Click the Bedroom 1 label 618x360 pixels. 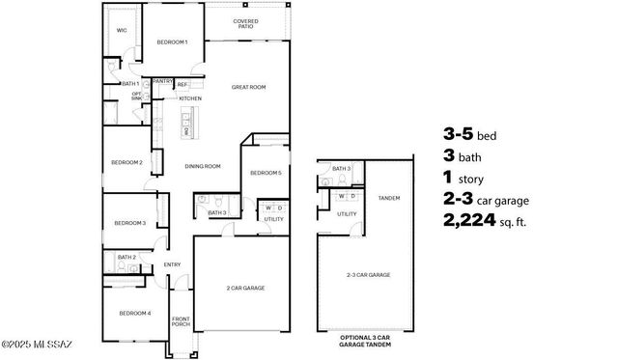172,42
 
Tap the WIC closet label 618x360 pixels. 122,30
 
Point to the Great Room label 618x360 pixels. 248,87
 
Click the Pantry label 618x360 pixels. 161,83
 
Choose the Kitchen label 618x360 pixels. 189,98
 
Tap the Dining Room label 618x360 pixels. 203,166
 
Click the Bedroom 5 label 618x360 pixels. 266,173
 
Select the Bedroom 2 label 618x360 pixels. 126,162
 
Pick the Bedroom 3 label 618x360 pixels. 129,223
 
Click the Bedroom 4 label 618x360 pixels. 134,313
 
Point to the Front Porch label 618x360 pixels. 181,322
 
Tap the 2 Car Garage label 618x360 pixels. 245,288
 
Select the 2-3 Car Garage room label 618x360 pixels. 368,275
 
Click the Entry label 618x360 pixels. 172,264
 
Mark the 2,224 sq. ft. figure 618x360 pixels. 488,221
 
